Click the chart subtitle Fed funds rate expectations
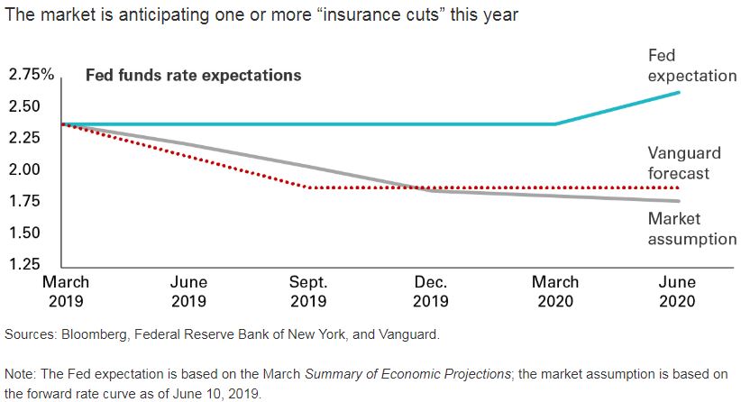[193, 76]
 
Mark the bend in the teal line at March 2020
[555, 124]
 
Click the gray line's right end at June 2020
[678, 201]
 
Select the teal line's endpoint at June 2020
[678, 92]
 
